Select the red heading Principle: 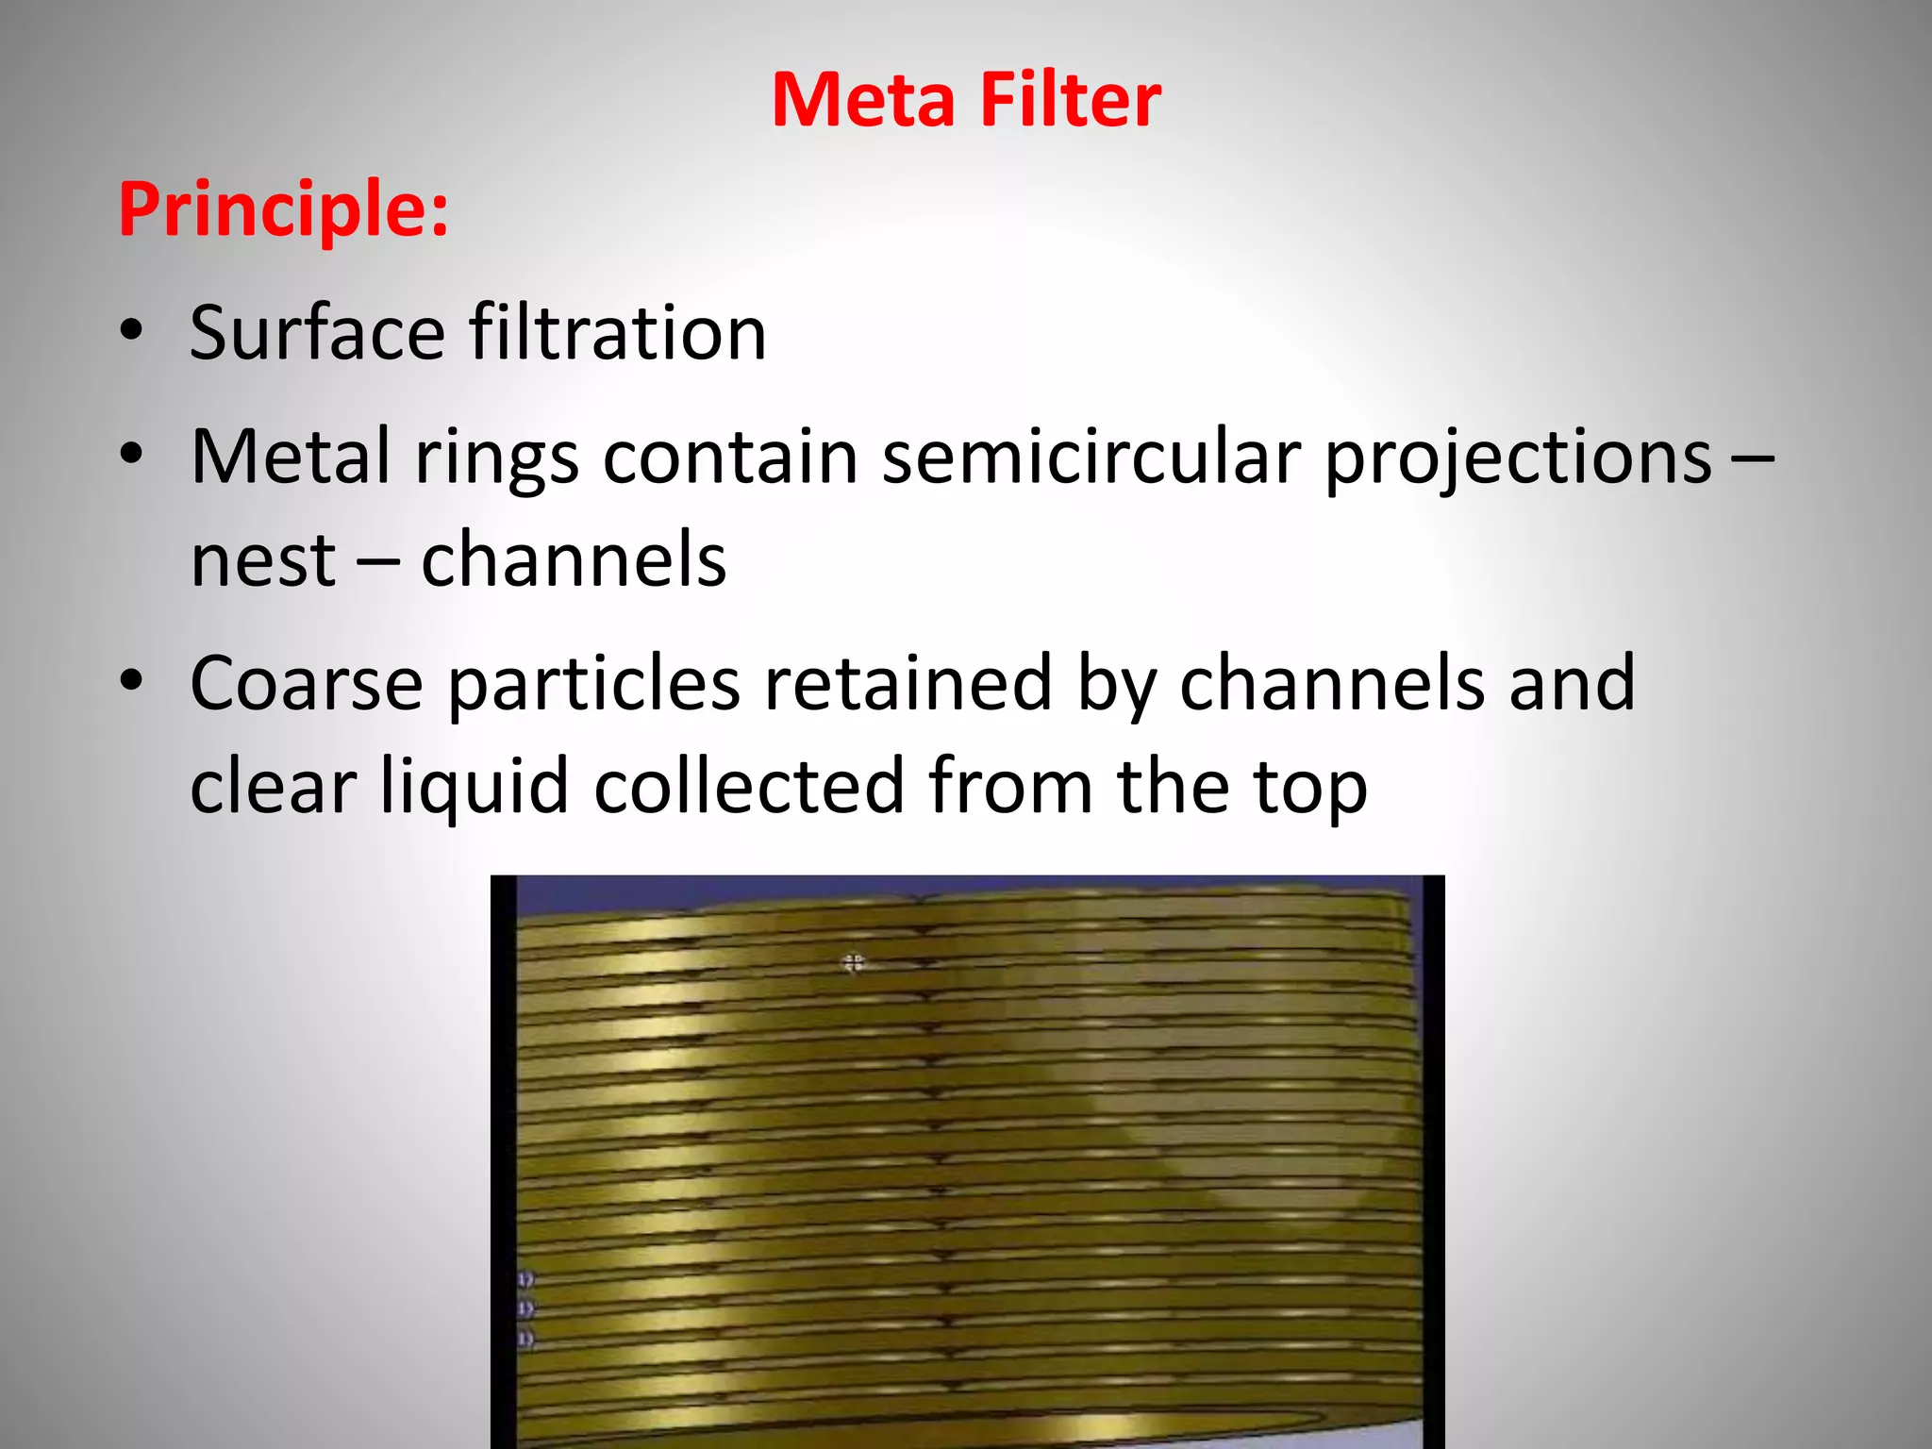tap(283, 209)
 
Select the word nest tap(262, 560)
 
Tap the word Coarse tap(306, 683)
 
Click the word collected tap(749, 787)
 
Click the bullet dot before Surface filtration tap(131, 331)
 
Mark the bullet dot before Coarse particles tap(131, 680)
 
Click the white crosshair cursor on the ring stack tap(853, 962)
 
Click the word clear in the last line tap(273, 787)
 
